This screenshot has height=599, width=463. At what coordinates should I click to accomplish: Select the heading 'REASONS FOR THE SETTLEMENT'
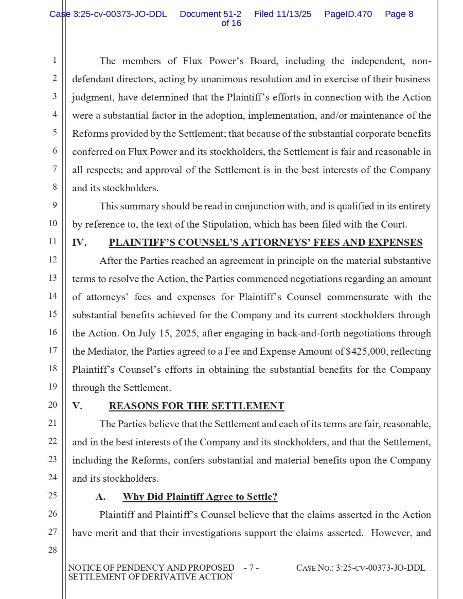(196, 406)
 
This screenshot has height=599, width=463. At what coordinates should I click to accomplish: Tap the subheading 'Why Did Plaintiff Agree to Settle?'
(200, 497)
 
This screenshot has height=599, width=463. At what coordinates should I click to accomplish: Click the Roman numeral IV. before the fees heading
(79, 243)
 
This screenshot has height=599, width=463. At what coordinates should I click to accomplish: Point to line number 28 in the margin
(52, 550)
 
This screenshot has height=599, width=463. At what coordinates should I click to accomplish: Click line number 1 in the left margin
(54, 61)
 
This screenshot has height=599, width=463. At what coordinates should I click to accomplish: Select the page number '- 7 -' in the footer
(251, 568)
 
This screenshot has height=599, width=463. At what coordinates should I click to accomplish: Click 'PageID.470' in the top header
(348, 14)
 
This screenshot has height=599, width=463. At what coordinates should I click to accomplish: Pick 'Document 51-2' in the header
(210, 14)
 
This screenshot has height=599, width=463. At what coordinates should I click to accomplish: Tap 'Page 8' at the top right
(399, 14)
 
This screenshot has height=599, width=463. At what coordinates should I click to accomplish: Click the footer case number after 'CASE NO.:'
(380, 568)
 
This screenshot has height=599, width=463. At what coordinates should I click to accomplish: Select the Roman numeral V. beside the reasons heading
(77, 406)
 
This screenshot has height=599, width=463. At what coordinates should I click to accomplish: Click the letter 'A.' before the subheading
(100, 497)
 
